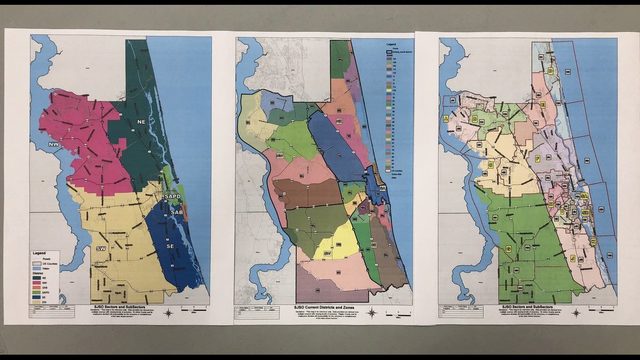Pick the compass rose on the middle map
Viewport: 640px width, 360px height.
click(371, 313)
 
